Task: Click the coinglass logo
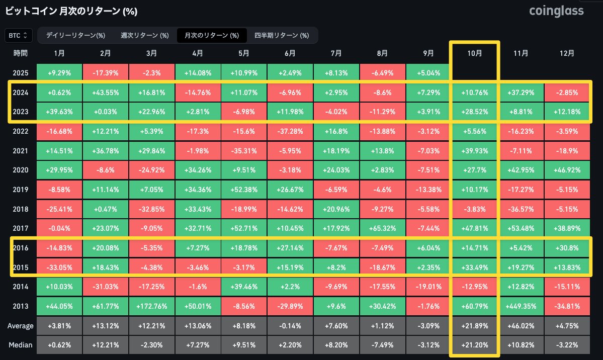pos(556,11)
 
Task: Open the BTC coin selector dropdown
pos(19,35)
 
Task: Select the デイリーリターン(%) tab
pos(75,35)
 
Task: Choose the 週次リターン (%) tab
pos(145,35)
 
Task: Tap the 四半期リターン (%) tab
pos(282,35)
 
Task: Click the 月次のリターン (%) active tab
pos(212,35)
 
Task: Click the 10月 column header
pos(474,53)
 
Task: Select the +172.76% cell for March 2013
pos(152,306)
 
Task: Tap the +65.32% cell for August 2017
pos(382,229)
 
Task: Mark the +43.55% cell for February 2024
pos(106,93)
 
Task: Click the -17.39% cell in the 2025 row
pos(106,73)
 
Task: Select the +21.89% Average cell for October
pos(474,325)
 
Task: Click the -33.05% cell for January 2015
pos(59,267)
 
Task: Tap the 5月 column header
pos(244,53)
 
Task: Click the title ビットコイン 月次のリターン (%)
pos(71,11)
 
